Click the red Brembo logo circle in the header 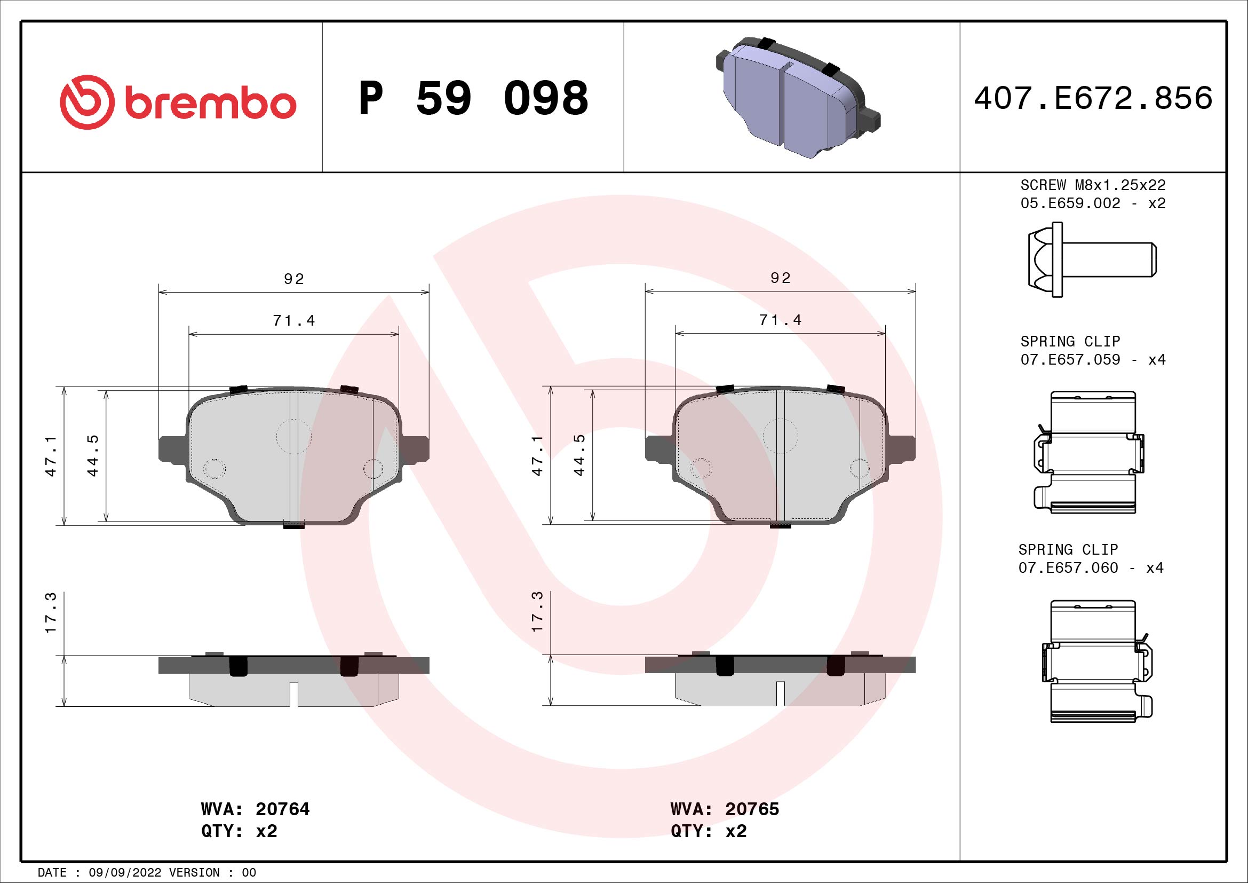[87, 102]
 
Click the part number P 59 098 [473, 98]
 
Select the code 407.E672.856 [1093, 98]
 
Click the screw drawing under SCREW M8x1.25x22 [1092, 259]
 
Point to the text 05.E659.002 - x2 [1093, 203]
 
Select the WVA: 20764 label [255, 809]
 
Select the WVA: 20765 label [725, 809]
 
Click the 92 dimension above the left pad [293, 279]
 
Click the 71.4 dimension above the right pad [780, 320]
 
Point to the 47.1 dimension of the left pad [51, 455]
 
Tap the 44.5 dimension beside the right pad [579, 455]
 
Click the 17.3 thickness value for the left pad [51, 613]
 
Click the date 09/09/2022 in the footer [125, 873]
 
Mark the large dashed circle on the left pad [293, 436]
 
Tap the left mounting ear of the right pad [658, 449]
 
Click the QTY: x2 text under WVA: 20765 [708, 831]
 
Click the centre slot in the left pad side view [293, 694]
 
